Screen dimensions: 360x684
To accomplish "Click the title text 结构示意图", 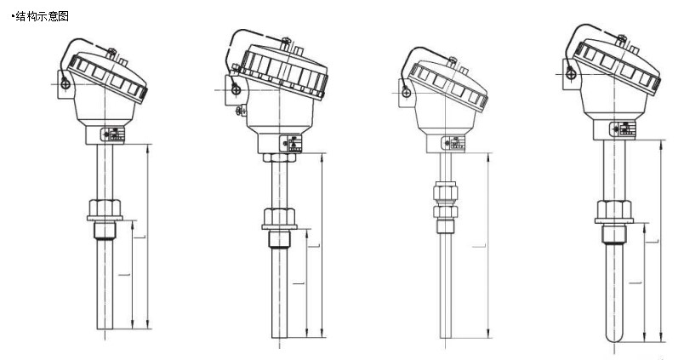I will tap(39, 17).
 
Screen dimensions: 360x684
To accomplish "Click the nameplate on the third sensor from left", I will tap(456, 143).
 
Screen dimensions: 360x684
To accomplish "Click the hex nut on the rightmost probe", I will tap(613, 211).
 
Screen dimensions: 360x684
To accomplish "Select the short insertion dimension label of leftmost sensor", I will tap(128, 274).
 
